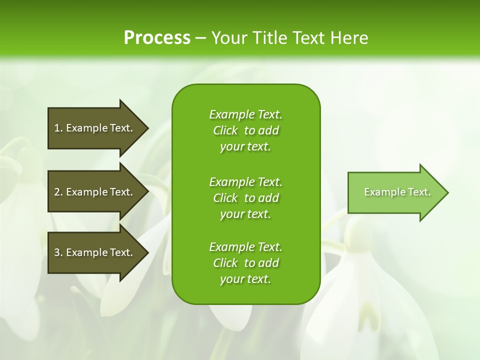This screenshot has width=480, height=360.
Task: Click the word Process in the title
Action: pos(157,38)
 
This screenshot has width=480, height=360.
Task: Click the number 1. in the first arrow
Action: pos(58,128)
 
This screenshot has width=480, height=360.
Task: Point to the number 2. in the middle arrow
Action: pos(58,192)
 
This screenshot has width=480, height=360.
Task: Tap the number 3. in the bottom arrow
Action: pos(58,252)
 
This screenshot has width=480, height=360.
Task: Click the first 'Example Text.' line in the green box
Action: pos(245,114)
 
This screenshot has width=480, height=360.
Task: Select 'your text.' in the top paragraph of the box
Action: pos(245,146)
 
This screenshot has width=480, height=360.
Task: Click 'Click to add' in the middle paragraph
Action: pos(245,198)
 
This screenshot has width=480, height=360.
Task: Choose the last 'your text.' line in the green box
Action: pos(245,279)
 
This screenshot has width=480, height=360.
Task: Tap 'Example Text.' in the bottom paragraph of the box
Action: pos(245,247)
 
